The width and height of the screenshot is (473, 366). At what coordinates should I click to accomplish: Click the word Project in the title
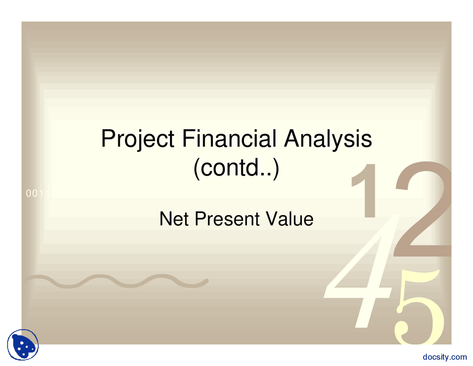pyautogui.click(x=137, y=139)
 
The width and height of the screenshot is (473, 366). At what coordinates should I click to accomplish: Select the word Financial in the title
pyautogui.click(x=229, y=138)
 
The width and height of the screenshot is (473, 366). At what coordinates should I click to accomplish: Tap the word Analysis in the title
pyautogui.click(x=328, y=139)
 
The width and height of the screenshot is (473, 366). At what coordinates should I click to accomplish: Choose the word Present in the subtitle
pyautogui.click(x=227, y=219)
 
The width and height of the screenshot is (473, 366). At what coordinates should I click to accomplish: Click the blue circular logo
pyautogui.click(x=23, y=345)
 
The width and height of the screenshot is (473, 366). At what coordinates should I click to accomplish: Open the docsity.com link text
pyautogui.click(x=445, y=357)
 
